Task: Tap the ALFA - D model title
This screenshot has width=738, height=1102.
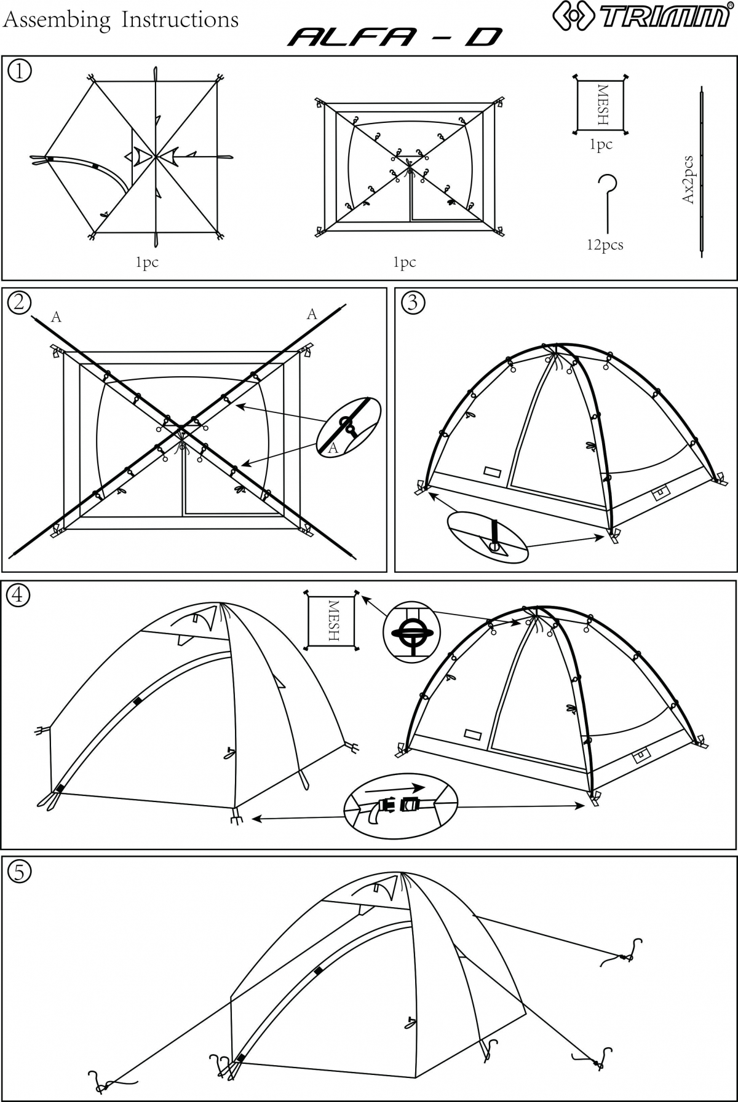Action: point(395,38)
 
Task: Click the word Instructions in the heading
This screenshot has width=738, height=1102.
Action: point(180,20)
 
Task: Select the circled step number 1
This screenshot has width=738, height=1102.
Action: point(19,71)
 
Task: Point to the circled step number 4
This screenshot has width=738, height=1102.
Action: point(19,594)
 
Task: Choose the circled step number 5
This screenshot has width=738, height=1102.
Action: point(19,871)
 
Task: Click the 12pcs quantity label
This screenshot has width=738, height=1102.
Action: point(605,245)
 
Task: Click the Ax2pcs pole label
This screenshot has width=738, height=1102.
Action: point(689,180)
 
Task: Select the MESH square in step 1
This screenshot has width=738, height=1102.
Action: point(601,104)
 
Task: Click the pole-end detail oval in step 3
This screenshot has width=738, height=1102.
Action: point(488,536)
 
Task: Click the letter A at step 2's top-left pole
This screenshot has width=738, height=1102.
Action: point(56,317)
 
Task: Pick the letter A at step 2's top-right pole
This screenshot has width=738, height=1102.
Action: point(312,315)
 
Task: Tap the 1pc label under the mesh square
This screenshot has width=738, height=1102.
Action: point(601,145)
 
